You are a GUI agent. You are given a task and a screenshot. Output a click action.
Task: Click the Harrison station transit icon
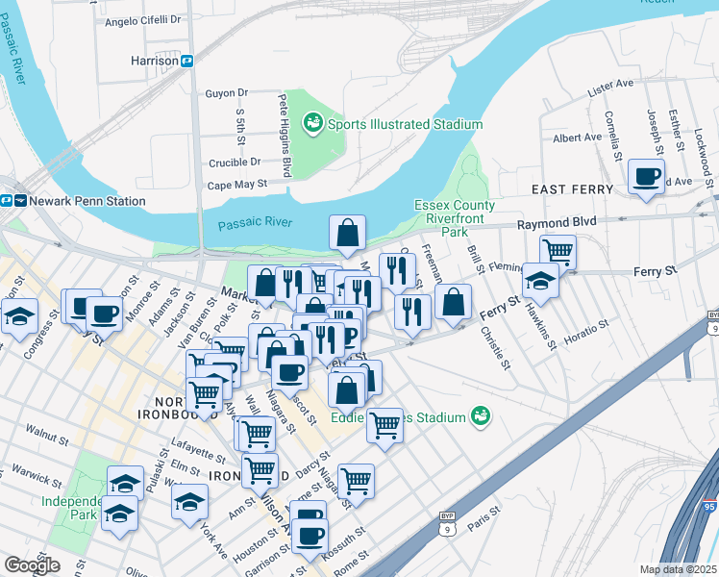(x=188, y=61)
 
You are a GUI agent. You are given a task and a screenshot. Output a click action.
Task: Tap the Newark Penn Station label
(x=87, y=201)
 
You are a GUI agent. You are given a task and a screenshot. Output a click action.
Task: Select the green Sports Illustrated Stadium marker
(x=312, y=123)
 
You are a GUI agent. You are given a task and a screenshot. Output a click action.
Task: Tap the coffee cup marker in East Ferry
(x=645, y=177)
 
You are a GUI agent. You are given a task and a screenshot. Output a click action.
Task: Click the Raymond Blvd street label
(x=557, y=222)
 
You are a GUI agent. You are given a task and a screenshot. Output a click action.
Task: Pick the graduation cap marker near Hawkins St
(x=541, y=282)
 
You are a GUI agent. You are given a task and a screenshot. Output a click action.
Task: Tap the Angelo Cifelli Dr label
(x=142, y=19)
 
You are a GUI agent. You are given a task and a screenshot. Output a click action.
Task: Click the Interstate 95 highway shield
(x=710, y=506)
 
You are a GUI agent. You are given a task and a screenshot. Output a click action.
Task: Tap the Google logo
(x=32, y=565)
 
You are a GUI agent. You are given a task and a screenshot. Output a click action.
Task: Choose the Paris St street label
(x=485, y=524)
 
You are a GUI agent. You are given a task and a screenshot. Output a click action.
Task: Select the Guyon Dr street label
(x=226, y=93)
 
